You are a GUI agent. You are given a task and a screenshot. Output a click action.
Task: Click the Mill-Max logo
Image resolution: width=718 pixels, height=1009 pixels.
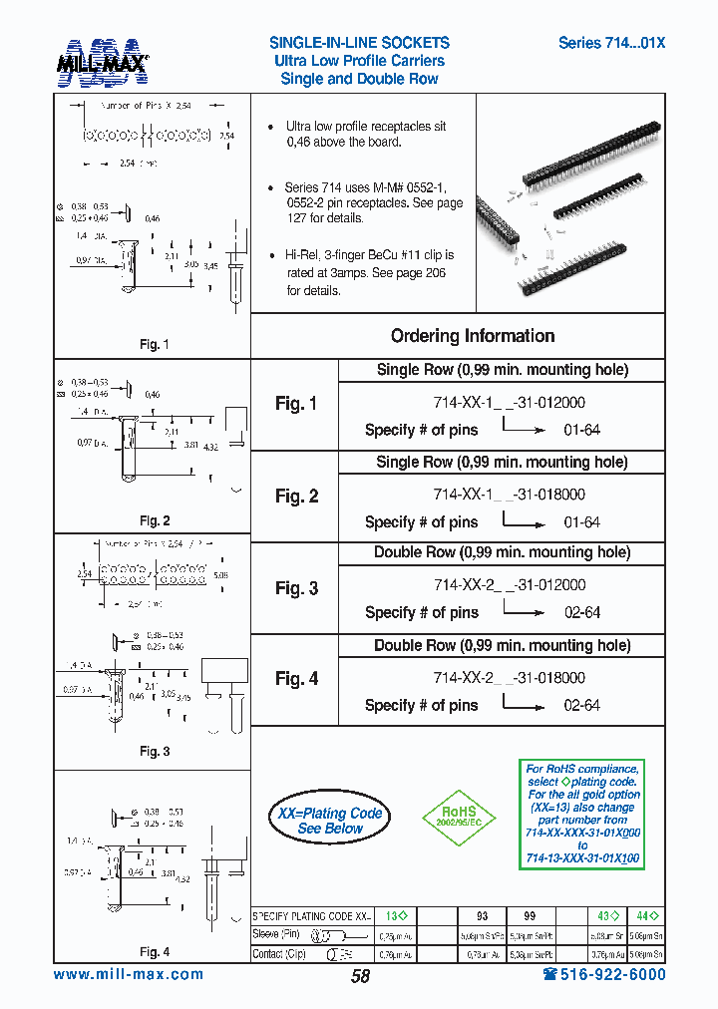102,60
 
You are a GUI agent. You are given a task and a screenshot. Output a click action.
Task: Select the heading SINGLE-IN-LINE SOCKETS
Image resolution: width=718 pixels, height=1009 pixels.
359,43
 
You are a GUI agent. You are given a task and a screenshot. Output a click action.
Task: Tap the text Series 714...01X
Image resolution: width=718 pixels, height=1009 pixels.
611,43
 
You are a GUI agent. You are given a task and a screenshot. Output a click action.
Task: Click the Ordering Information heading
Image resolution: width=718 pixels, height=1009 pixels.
472,336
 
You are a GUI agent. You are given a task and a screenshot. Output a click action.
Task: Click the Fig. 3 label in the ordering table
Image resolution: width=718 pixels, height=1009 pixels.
296,588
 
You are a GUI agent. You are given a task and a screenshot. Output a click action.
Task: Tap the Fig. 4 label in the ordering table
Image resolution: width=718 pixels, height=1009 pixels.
296,679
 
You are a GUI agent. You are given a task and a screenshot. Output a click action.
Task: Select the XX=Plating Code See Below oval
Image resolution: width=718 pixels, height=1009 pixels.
330,821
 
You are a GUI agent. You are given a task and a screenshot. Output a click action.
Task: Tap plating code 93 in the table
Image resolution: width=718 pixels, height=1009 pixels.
482,915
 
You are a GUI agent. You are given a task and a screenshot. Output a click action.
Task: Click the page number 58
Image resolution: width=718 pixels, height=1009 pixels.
360,976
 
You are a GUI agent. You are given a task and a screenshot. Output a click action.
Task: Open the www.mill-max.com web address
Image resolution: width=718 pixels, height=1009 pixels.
128,974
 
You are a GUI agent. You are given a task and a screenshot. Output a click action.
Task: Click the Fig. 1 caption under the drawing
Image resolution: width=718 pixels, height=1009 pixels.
155,345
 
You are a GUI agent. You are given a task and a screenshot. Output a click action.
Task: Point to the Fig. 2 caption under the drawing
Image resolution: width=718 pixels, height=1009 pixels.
155,520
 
